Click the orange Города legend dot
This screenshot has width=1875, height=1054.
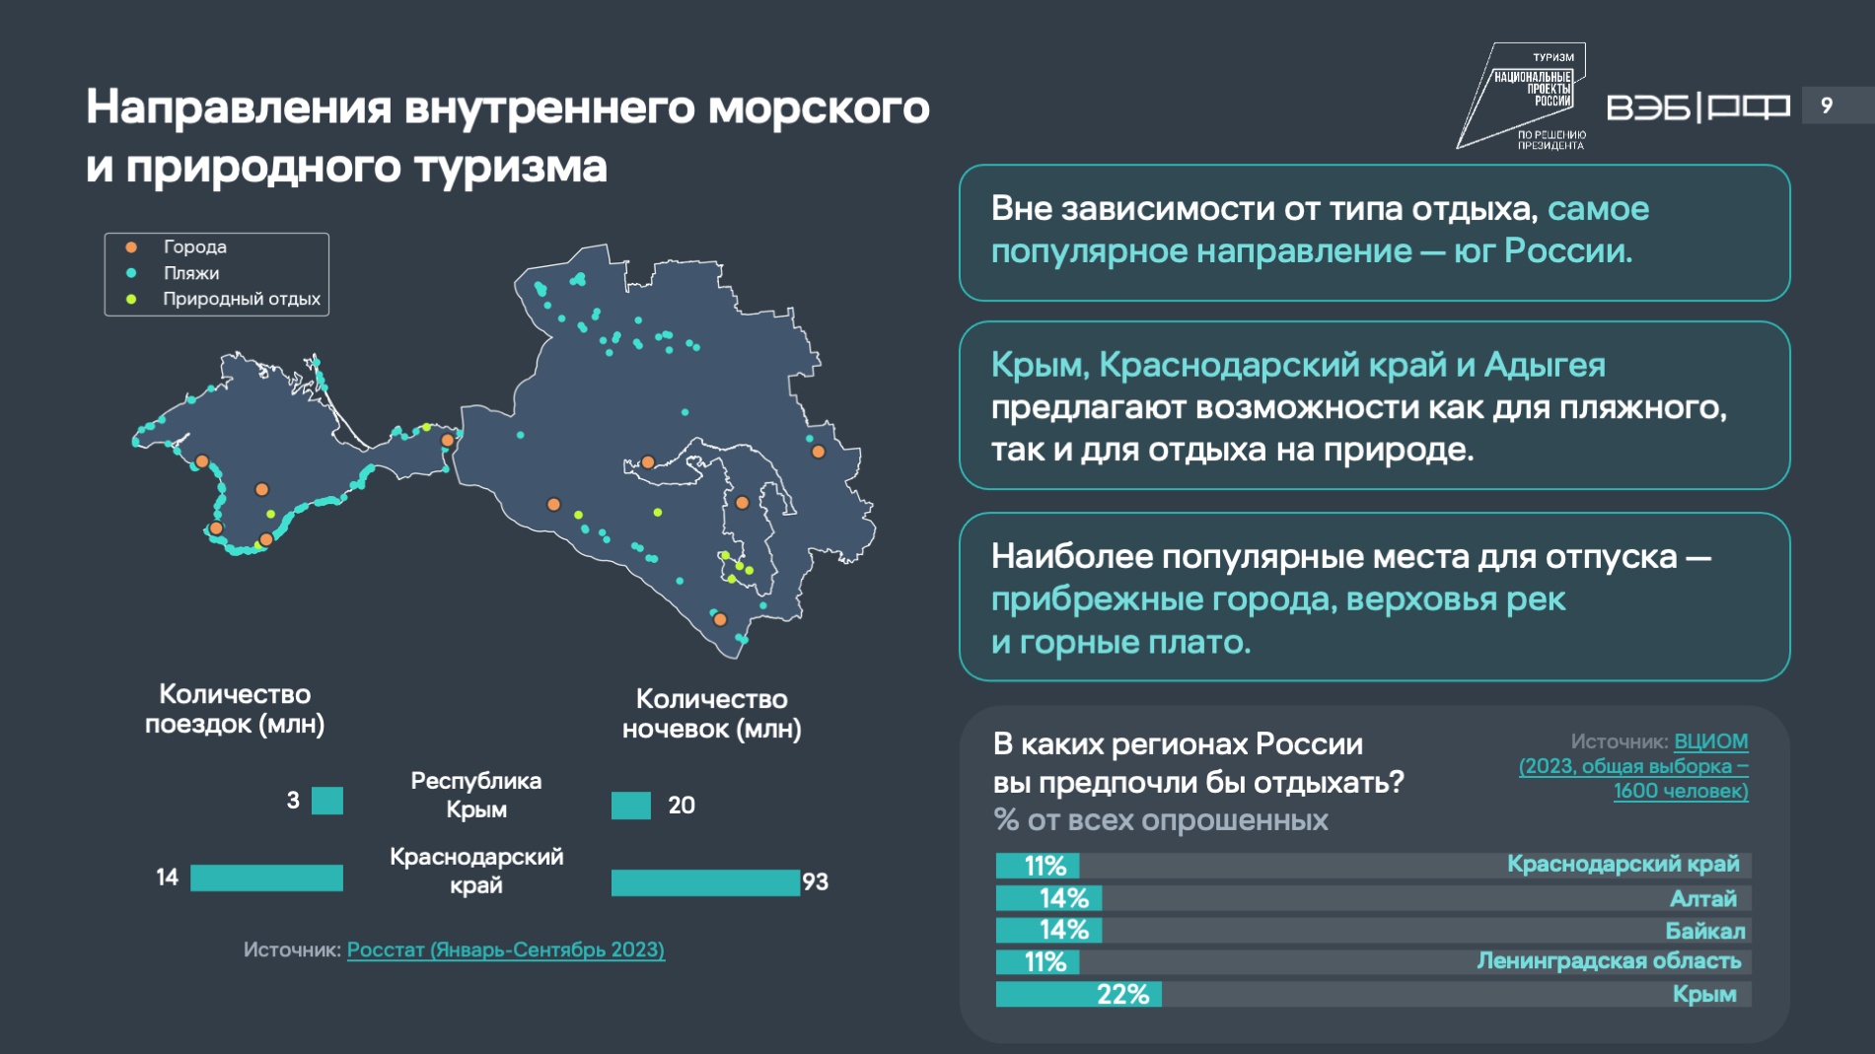(131, 246)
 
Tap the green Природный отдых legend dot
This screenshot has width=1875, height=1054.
(131, 299)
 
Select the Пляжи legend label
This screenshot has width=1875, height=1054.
(191, 273)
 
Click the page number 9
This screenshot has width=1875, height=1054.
(1827, 105)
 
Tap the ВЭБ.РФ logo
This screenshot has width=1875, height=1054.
(1698, 106)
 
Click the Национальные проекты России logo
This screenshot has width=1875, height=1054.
(1522, 96)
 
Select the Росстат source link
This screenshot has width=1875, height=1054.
(506, 949)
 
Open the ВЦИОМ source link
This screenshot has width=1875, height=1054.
(1710, 741)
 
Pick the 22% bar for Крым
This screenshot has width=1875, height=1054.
(1078, 994)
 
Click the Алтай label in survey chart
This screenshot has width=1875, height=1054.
(1703, 899)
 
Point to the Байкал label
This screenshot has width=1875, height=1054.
(1705, 931)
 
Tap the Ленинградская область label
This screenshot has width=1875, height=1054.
(1609, 961)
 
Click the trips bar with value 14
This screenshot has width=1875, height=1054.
(266, 878)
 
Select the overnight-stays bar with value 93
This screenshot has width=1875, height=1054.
(705, 882)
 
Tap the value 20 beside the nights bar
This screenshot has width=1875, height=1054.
(682, 806)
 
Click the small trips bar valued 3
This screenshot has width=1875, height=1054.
(327, 801)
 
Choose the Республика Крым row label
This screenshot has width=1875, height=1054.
(476, 795)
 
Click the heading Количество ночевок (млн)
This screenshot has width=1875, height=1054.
(711, 714)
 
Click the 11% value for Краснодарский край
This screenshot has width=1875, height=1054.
(1046, 866)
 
